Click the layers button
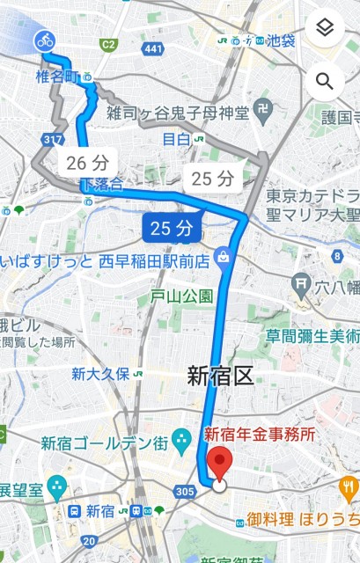(325, 28)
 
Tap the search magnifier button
(325, 82)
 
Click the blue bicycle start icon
(44, 40)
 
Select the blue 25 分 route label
(171, 229)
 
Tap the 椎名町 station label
(58, 78)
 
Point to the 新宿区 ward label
(220, 377)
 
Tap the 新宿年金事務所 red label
(260, 434)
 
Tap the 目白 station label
(177, 139)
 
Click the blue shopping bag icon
(223, 258)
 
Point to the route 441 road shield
(153, 48)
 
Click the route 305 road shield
(186, 490)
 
